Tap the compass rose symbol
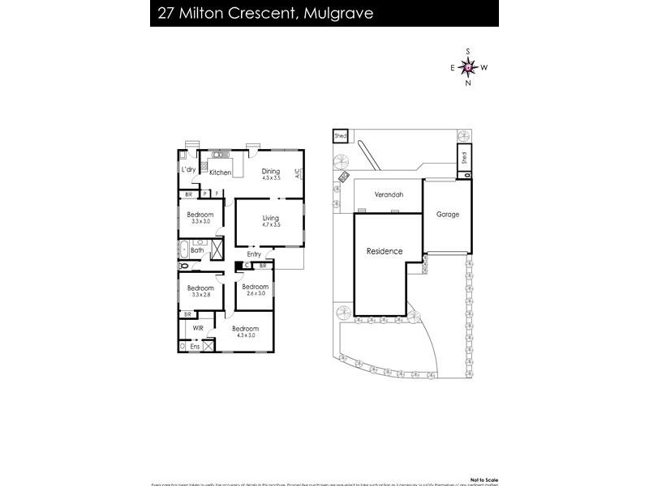point(468,67)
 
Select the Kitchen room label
point(221,173)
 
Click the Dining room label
point(270,171)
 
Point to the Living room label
point(270,218)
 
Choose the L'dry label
point(188,169)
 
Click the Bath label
point(197,250)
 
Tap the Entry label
point(255,254)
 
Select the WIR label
point(198,328)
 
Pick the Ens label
point(195,347)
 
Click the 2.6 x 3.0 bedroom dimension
point(254,294)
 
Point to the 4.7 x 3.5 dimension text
point(270,225)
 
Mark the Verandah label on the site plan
point(389,195)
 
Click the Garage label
point(448,215)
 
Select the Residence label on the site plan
point(385,251)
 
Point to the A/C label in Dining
point(298,173)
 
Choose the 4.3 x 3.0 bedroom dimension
point(244,335)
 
